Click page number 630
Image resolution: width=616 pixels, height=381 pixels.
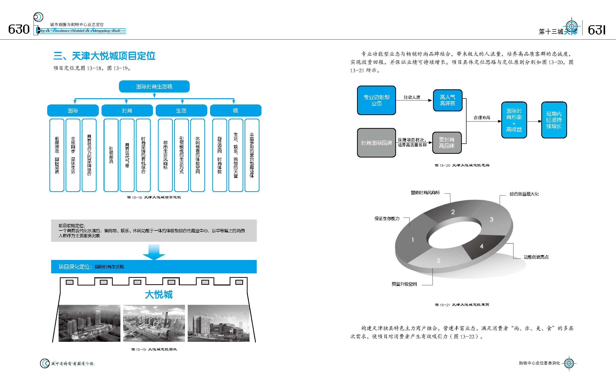(19, 30)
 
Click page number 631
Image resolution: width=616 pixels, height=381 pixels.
(597, 30)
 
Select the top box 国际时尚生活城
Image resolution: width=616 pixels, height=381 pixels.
(154, 86)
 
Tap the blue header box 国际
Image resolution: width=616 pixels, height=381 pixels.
(72, 110)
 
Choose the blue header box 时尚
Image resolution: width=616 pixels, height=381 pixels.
(127, 110)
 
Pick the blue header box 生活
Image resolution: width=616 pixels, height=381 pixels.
(181, 110)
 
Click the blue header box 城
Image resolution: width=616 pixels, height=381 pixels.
(236, 110)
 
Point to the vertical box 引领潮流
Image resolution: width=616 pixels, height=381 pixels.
(111, 155)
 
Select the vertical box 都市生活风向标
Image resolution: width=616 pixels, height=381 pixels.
(165, 155)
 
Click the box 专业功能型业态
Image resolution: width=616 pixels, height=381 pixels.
(376, 100)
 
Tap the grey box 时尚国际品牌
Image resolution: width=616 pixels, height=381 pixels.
(376, 143)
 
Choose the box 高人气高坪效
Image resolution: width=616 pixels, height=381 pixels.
(447, 100)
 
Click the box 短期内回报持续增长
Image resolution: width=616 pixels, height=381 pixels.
(554, 120)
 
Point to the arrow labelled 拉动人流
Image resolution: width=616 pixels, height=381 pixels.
(414, 100)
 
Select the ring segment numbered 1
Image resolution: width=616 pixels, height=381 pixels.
(412, 239)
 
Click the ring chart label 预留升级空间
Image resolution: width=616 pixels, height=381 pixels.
(404, 284)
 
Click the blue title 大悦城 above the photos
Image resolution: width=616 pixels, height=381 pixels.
(159, 294)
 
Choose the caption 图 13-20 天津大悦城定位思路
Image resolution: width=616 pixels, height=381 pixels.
(462, 165)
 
